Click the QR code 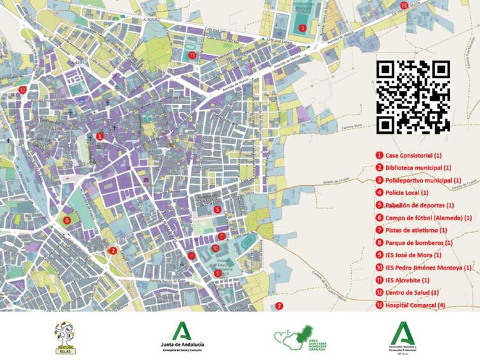413,97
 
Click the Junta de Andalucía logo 183,337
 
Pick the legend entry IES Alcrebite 407,280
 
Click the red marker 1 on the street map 99,136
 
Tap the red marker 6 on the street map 67,221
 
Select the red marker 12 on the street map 22,90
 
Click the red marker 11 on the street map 192,56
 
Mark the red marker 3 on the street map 302,28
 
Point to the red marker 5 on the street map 218,209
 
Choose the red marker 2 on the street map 113,251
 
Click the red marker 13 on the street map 403,5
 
